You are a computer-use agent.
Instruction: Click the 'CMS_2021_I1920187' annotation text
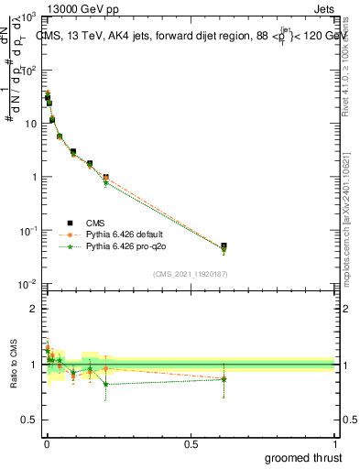click(x=191, y=273)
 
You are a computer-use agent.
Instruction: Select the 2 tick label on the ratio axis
click(x=34, y=309)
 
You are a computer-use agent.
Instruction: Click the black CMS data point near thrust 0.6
click(x=224, y=246)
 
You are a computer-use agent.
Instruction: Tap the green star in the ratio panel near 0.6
click(x=224, y=378)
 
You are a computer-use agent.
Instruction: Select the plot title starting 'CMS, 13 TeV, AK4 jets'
click(x=188, y=36)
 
